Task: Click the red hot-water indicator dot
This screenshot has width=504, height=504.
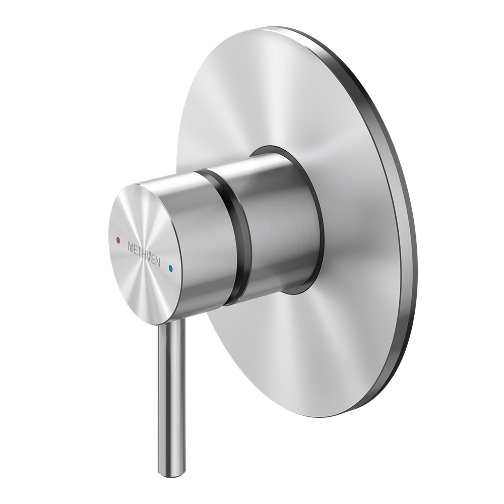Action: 118,240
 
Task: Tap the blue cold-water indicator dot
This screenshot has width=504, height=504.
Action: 171,269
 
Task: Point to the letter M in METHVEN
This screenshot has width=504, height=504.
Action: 131,247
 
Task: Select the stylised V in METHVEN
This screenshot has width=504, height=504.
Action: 149,257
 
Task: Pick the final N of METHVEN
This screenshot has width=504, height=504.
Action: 158,262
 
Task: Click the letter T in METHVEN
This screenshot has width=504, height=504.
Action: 139,252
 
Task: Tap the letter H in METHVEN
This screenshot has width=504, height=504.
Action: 143,255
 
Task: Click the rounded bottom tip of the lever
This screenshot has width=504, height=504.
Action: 171,473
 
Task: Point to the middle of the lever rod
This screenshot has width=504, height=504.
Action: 171,398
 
